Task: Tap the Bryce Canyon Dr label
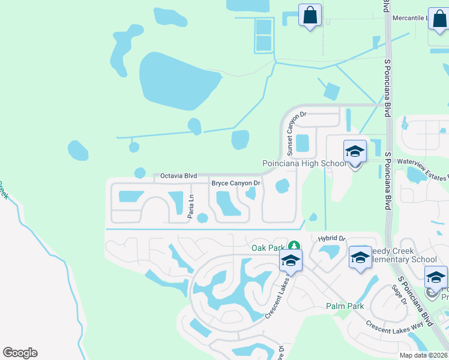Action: [x=236, y=183]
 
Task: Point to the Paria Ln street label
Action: [x=191, y=205]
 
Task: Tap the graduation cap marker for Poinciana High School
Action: [x=355, y=152]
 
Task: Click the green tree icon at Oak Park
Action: [x=294, y=245]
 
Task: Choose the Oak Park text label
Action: [x=267, y=247]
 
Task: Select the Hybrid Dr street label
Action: [x=332, y=238]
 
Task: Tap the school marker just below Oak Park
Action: [x=290, y=261]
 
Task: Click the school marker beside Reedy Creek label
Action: [x=360, y=257]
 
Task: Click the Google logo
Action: [x=20, y=353]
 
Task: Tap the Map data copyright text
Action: [x=423, y=355]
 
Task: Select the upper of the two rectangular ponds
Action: [x=263, y=27]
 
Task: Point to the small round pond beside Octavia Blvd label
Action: [x=140, y=173]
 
